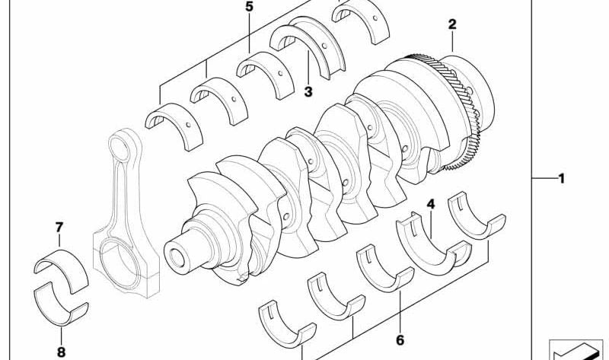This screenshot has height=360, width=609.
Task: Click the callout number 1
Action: [561, 179]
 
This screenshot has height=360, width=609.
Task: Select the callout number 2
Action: [452, 24]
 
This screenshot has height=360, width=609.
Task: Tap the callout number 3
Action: [308, 92]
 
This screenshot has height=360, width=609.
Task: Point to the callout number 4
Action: [431, 204]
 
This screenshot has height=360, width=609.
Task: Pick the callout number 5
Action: [249, 7]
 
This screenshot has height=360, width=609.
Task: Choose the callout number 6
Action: [400, 340]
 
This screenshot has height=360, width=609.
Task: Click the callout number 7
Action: [59, 227]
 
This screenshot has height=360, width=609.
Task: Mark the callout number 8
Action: [61, 352]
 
